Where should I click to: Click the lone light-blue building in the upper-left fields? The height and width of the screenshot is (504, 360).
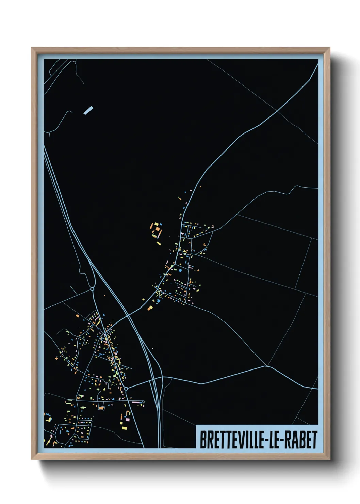[x=88, y=110]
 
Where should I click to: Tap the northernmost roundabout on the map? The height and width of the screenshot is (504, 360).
[x=92, y=289]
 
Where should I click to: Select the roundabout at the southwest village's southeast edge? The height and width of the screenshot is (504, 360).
[x=126, y=388]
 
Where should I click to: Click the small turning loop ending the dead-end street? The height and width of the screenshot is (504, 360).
[x=143, y=402]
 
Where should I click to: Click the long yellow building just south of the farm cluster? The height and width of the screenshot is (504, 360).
[x=158, y=243]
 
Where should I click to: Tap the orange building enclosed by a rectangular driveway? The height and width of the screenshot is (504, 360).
[x=101, y=407]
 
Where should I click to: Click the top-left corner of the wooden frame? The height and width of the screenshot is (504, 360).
[x=32, y=48]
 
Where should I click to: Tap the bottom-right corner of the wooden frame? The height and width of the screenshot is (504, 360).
[x=329, y=459]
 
